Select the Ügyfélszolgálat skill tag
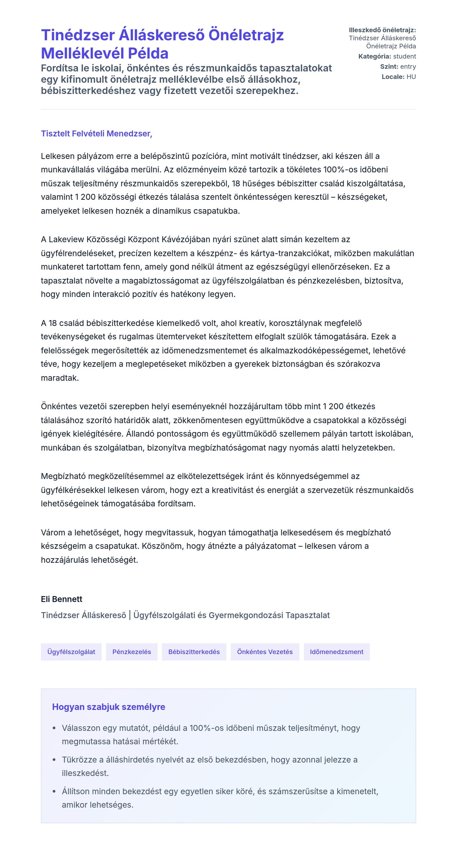[71, 652]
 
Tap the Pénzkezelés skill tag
[131, 652]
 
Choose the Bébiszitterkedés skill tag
[194, 652]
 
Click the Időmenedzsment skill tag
[336, 652]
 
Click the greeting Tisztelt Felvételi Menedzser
[96, 133]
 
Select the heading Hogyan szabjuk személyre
[109, 707]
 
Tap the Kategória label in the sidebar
[374, 56]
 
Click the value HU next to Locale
[411, 77]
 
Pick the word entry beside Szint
[408, 67]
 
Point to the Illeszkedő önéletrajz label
[382, 30]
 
